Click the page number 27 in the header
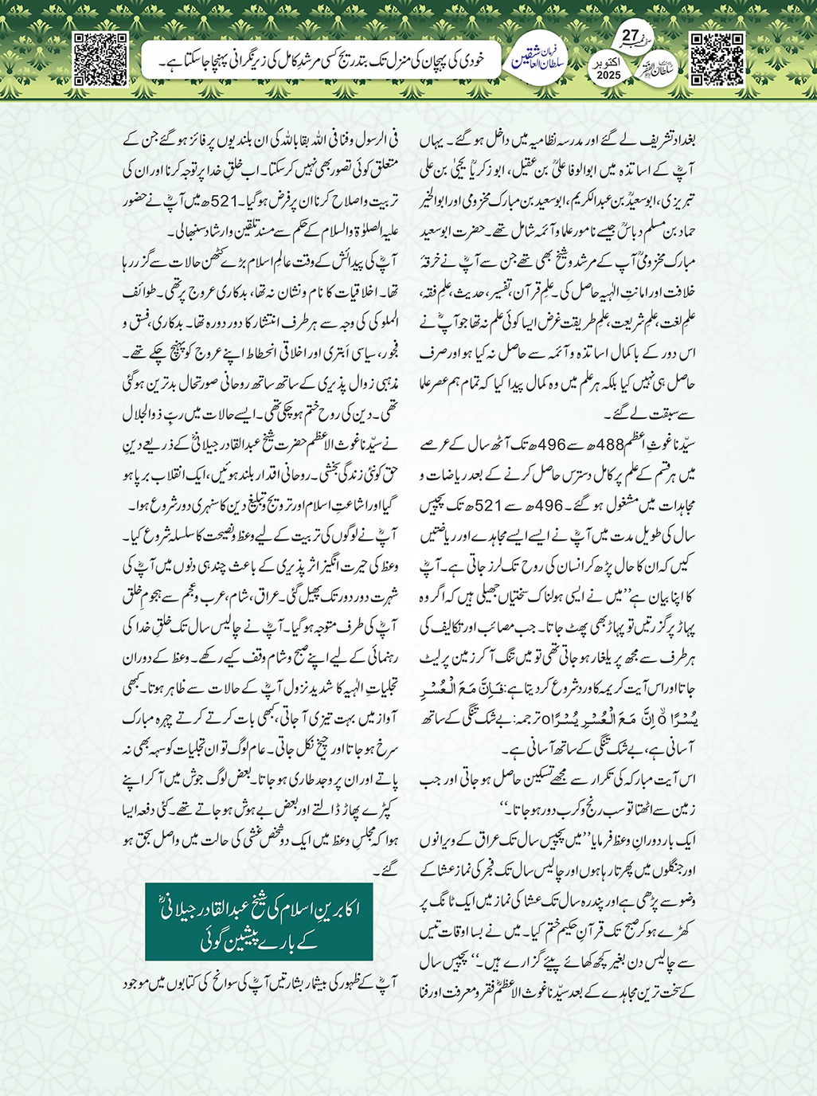click(629, 36)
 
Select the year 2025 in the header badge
click(608, 75)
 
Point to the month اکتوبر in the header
click(608, 61)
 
